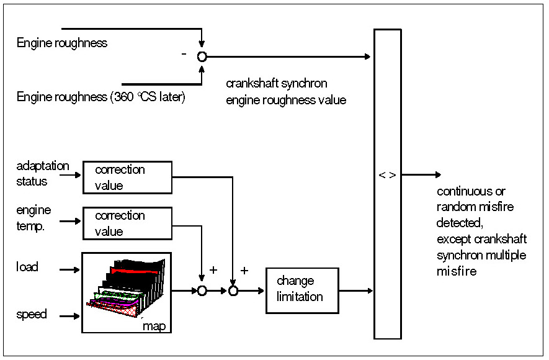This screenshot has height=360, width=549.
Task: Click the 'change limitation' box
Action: [302, 290]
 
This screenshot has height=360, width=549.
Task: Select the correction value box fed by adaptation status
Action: [127, 178]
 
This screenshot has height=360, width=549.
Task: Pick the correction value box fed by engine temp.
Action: [127, 223]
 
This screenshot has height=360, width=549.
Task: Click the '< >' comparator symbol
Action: [387, 175]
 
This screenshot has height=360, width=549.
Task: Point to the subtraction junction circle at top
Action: [202, 56]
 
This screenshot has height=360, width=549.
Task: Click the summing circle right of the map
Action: [202, 290]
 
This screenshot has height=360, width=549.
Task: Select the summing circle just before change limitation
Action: [233, 290]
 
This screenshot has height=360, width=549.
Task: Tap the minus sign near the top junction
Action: [184, 55]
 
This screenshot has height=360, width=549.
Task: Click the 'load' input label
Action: [27, 267]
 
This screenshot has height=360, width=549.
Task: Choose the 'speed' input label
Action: [32, 314]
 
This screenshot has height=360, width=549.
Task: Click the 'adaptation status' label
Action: [42, 174]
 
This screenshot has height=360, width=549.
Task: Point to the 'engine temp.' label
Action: [34, 219]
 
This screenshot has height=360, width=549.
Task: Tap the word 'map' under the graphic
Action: [154, 325]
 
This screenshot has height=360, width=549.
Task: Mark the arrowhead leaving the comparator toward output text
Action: [438, 175]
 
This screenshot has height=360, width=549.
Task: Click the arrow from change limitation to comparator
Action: [356, 290]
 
